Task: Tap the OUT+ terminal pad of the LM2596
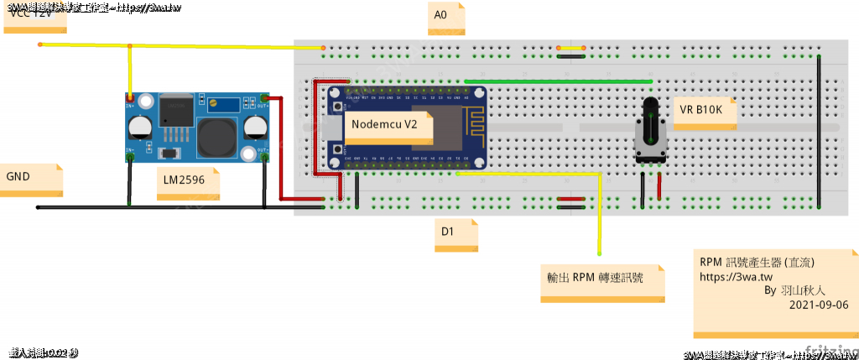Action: pos(264,100)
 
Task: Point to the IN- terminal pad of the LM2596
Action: pos(130,156)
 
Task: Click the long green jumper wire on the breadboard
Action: pos(558,81)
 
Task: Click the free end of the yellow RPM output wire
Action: pos(600,253)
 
